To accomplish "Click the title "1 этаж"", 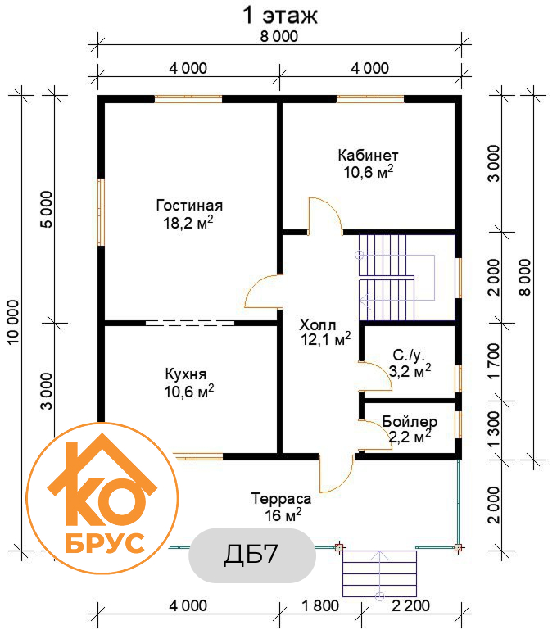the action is (x=279, y=16).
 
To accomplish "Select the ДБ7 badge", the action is (x=252, y=555).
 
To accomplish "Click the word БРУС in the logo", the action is (x=105, y=543).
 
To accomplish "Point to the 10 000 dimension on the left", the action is (x=13, y=322).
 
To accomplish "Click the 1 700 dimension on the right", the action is (x=493, y=361).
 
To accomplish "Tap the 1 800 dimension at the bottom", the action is (x=320, y=606).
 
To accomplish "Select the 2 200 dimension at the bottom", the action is (x=410, y=606).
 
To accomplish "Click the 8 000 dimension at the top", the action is (x=279, y=36).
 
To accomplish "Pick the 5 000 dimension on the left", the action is (x=47, y=210).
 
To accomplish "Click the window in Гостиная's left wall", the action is (x=102, y=212).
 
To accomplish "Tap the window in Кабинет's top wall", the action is (x=370, y=99).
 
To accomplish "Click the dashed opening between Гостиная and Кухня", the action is (x=190, y=323).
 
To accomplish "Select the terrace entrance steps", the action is (x=380, y=573).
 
